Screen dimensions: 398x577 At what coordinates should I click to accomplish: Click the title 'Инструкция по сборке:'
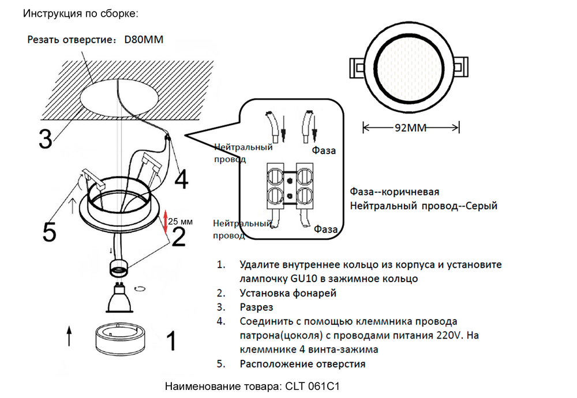(80, 13)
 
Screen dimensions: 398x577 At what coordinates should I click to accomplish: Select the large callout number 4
(181, 179)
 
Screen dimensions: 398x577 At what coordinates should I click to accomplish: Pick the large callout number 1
(171, 341)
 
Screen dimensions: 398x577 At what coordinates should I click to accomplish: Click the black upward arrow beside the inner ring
(69, 336)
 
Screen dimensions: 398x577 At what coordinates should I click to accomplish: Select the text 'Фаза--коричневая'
(395, 192)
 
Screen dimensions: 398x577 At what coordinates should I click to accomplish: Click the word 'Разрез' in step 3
(256, 307)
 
